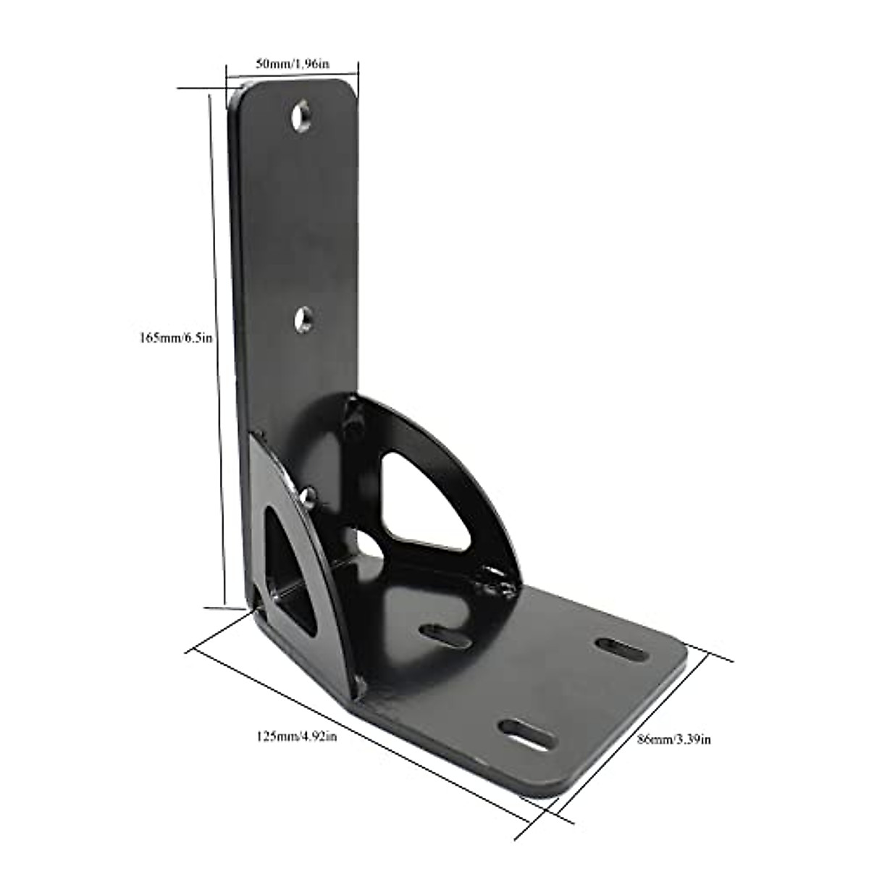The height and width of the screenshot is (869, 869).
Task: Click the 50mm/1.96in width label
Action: [293, 63]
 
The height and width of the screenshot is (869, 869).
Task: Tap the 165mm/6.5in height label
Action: [175, 337]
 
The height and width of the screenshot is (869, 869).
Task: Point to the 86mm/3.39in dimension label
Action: [673, 739]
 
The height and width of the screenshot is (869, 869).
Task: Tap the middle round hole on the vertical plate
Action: [304, 319]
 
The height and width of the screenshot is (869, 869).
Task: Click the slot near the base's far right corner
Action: [623, 647]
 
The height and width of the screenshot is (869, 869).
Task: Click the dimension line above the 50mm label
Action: [293, 72]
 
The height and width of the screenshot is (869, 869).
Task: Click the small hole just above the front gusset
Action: [308, 498]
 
